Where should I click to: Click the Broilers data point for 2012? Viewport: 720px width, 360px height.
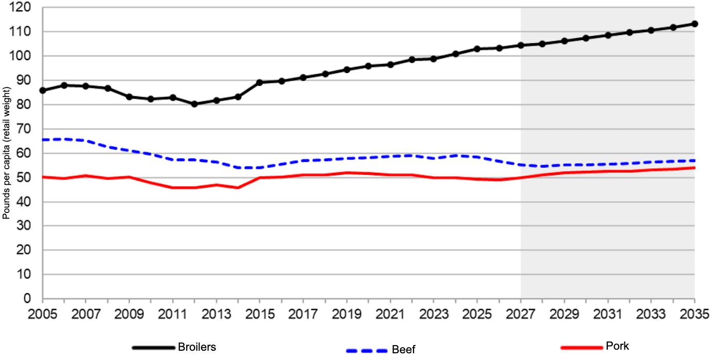click(x=194, y=104)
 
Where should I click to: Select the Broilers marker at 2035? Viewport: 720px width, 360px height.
click(x=694, y=24)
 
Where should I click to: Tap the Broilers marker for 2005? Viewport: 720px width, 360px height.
click(x=43, y=90)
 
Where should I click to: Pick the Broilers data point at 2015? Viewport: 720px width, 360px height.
click(x=260, y=82)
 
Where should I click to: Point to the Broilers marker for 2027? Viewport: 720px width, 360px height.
click(x=520, y=45)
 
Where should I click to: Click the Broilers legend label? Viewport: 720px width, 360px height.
click(x=197, y=347)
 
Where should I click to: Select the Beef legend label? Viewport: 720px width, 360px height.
click(x=404, y=350)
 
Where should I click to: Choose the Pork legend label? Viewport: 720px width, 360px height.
click(x=617, y=346)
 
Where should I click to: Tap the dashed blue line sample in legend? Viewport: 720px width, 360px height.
click(x=367, y=351)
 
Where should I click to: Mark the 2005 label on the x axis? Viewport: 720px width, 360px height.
click(x=43, y=313)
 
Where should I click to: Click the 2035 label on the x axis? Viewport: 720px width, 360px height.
click(x=694, y=313)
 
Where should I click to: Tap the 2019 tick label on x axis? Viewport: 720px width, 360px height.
click(x=347, y=313)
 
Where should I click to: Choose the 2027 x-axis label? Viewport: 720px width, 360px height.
click(x=520, y=313)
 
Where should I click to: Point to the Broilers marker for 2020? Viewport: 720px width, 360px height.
click(x=368, y=66)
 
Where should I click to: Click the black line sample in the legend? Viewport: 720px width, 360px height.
click(x=153, y=347)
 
